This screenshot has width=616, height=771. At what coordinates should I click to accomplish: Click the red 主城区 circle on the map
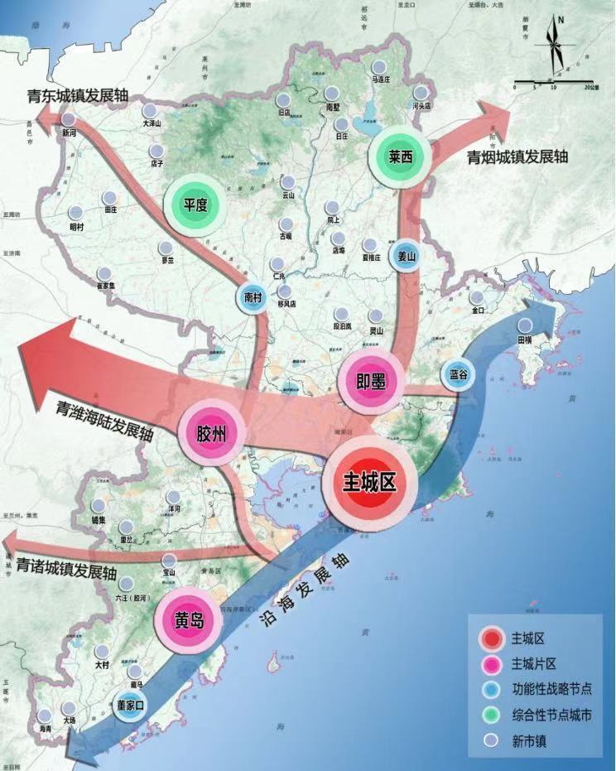pyautogui.click(x=369, y=484)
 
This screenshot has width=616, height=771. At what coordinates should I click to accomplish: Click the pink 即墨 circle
pyautogui.click(x=371, y=381)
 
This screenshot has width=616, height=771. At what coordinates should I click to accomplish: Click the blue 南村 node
pyautogui.click(x=254, y=298)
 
